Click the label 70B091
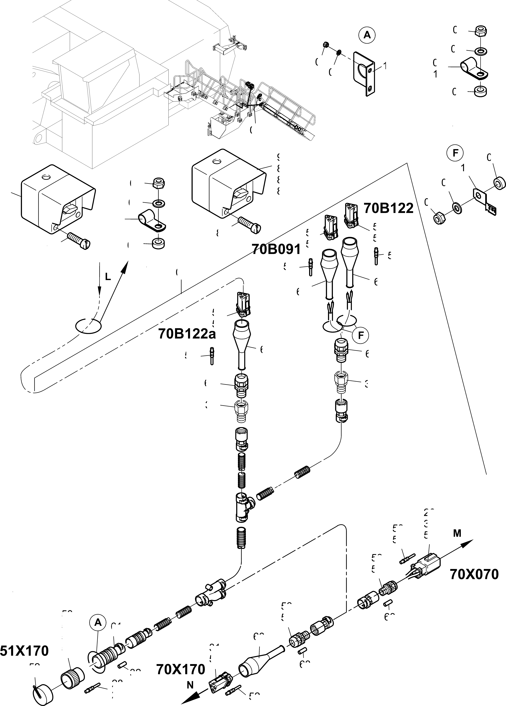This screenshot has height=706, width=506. click(276, 249)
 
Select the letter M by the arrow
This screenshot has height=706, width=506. click(457, 533)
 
